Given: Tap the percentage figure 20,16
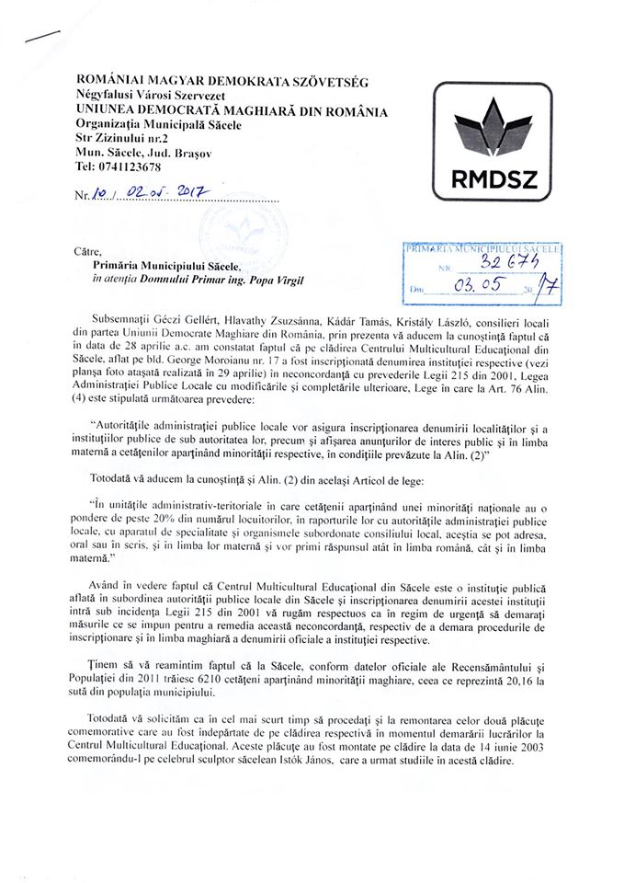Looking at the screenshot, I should (x=542, y=680).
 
